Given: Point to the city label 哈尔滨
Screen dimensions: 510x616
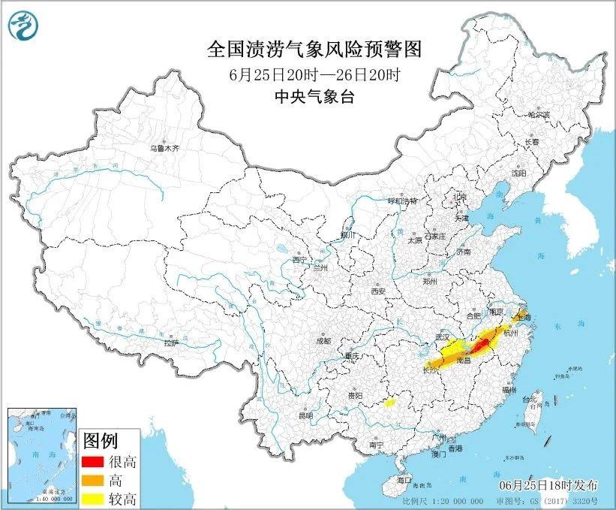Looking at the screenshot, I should click(x=538, y=115).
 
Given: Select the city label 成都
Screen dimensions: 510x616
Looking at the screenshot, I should click(x=323, y=340).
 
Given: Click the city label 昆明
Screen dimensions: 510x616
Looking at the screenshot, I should click(x=305, y=415).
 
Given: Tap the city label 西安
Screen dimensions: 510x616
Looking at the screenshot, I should click(x=377, y=291).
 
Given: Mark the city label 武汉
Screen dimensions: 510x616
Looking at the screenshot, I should click(x=443, y=339).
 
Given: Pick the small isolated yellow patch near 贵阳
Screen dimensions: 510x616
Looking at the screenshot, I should click(x=389, y=403).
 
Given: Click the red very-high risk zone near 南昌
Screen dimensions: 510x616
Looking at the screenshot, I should click(x=481, y=346).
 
